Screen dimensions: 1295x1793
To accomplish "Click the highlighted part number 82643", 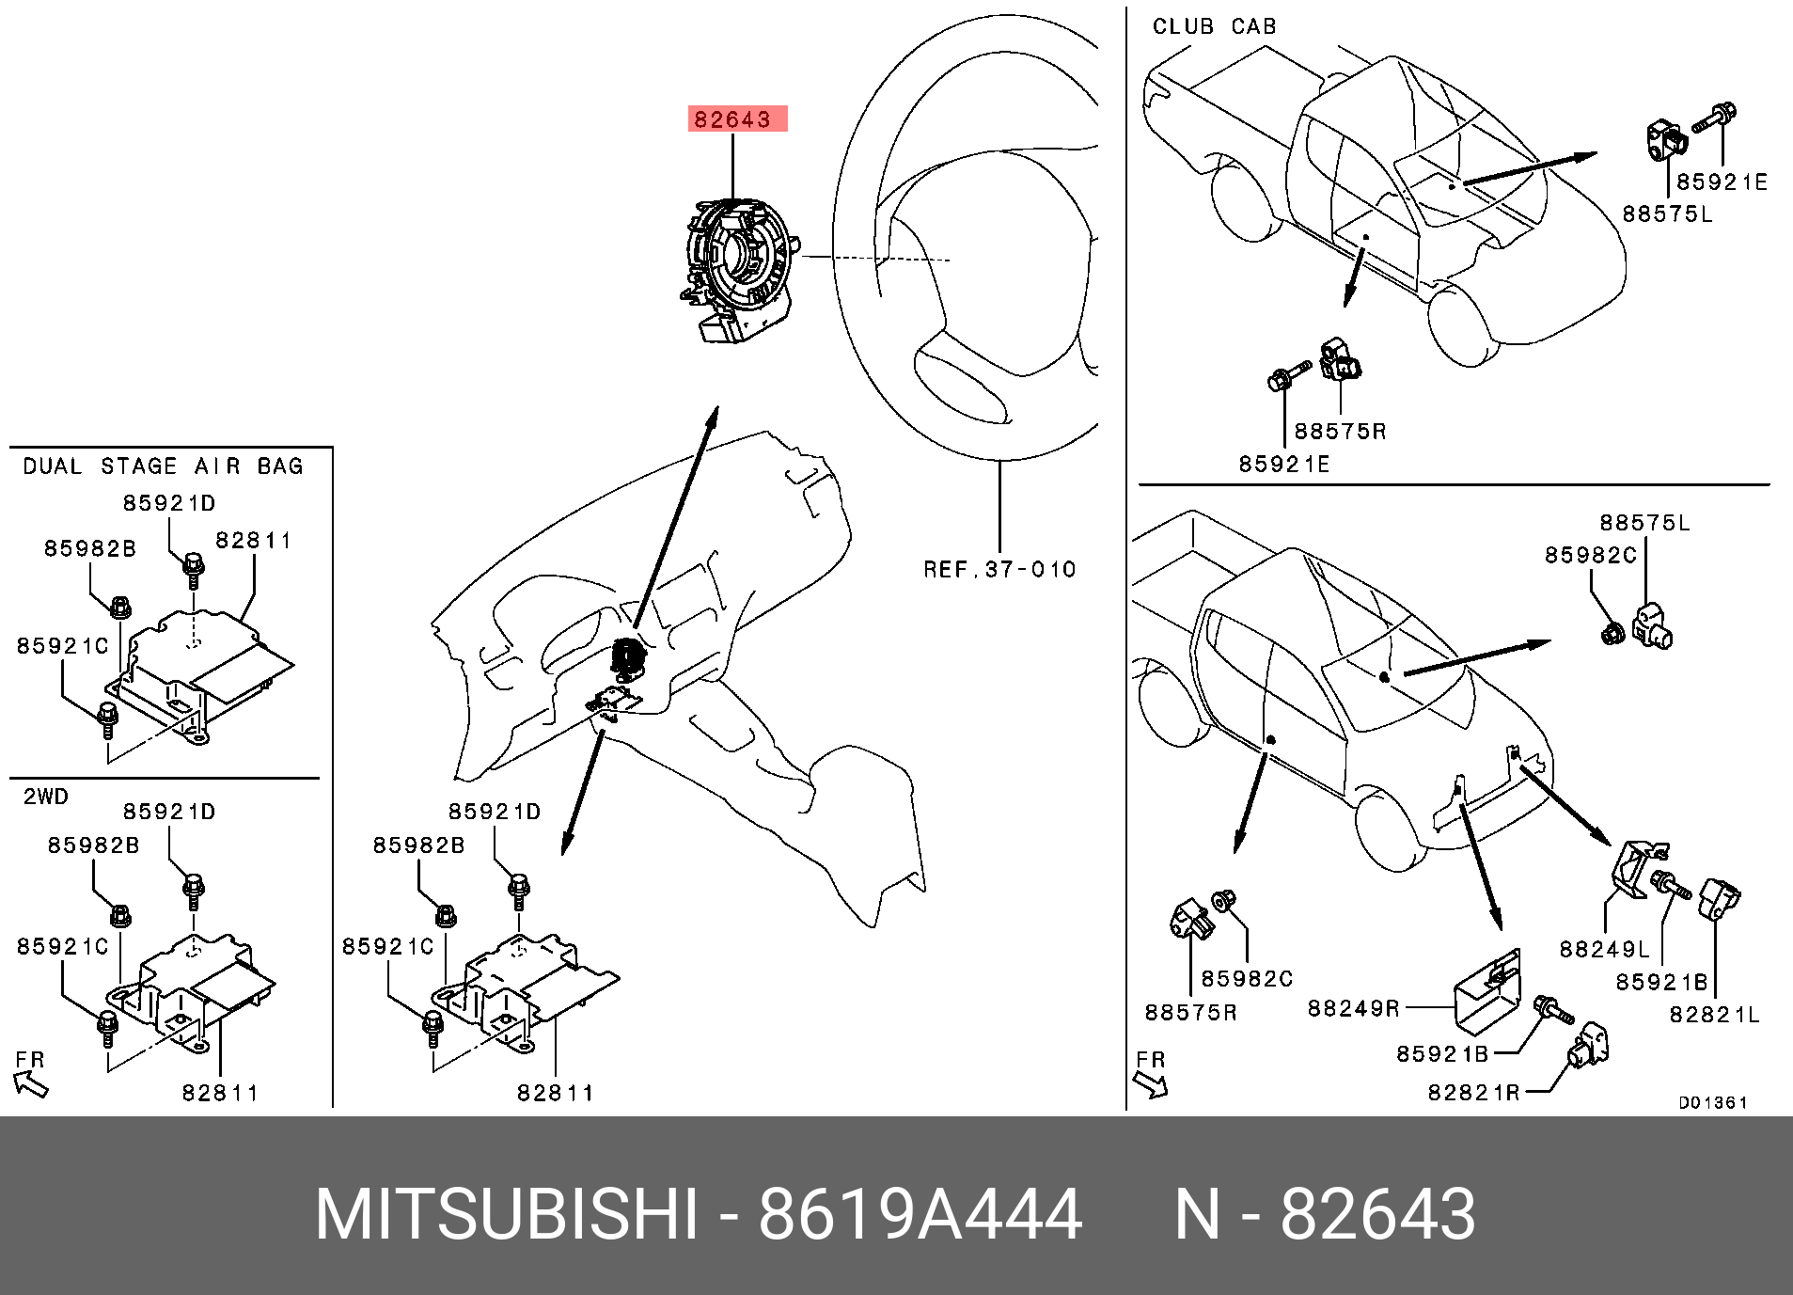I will click(x=732, y=119).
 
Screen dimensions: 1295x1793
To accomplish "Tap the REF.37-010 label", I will click(x=999, y=570).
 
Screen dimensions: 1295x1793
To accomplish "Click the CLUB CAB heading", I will click(x=1215, y=26).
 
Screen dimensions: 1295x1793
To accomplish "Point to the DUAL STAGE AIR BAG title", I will click(x=163, y=466).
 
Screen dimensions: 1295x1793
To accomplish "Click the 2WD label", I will click(x=46, y=797).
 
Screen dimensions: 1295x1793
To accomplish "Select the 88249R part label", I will click(x=1353, y=1008).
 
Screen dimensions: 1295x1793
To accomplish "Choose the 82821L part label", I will click(x=1713, y=1015).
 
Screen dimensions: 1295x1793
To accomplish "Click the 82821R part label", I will click(x=1473, y=1092).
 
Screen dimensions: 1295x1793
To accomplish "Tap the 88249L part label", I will click(x=1604, y=949).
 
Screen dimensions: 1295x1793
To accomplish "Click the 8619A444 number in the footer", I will click(x=920, y=1214).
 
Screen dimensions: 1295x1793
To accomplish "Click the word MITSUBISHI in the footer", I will click(x=507, y=1214).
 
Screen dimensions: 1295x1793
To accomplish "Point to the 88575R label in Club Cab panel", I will click(x=1340, y=432).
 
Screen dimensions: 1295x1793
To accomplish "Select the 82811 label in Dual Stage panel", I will click(x=253, y=541).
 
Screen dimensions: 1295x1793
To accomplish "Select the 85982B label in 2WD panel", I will click(x=93, y=845).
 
